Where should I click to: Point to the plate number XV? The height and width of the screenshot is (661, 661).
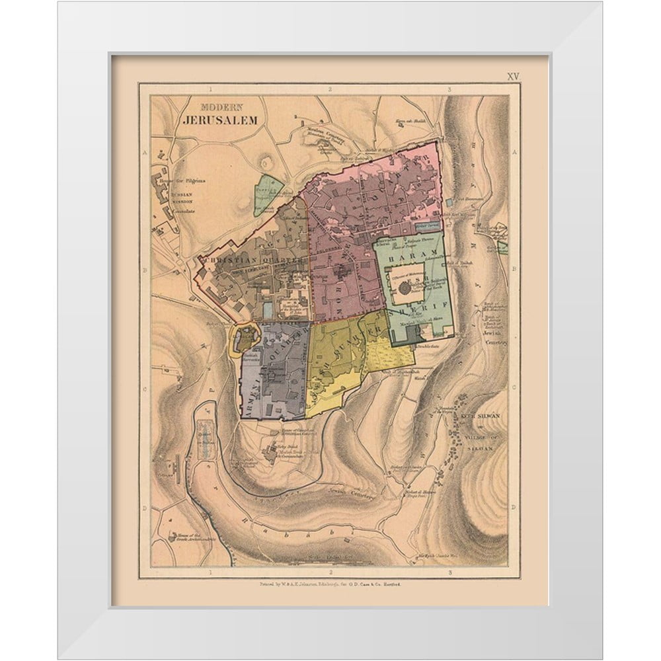point(514,76)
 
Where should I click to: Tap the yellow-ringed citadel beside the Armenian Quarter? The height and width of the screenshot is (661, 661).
point(244,338)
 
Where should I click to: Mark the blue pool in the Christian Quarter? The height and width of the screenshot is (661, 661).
point(266,309)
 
